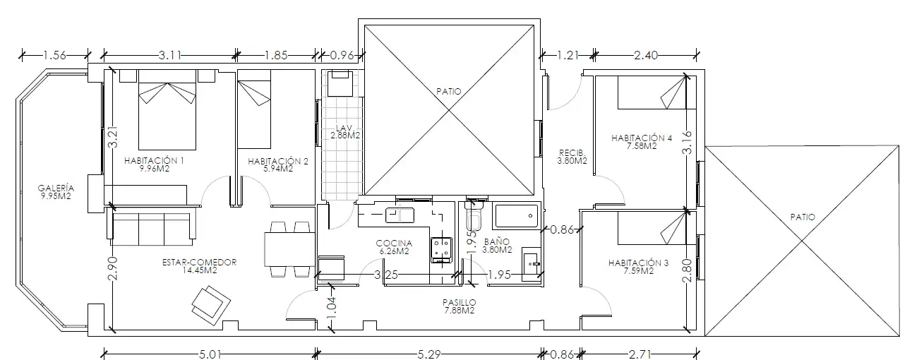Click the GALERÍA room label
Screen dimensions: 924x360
(56, 188)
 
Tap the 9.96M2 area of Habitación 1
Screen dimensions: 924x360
(155, 169)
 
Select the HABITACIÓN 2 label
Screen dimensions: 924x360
(278, 161)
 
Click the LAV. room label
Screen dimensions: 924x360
(344, 128)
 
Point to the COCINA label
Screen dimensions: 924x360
(394, 244)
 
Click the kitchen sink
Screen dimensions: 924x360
(400, 215)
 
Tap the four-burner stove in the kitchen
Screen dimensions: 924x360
(441, 250)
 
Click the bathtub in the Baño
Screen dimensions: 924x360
(517, 215)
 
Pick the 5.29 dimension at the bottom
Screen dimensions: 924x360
(429, 354)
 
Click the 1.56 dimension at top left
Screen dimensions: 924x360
(54, 55)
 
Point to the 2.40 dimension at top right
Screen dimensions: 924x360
(646, 55)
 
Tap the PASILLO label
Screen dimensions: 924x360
(460, 303)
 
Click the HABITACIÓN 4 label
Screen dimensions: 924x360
(642, 138)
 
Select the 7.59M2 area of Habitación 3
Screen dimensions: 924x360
(639, 271)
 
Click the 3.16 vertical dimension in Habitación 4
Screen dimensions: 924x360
(687, 143)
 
